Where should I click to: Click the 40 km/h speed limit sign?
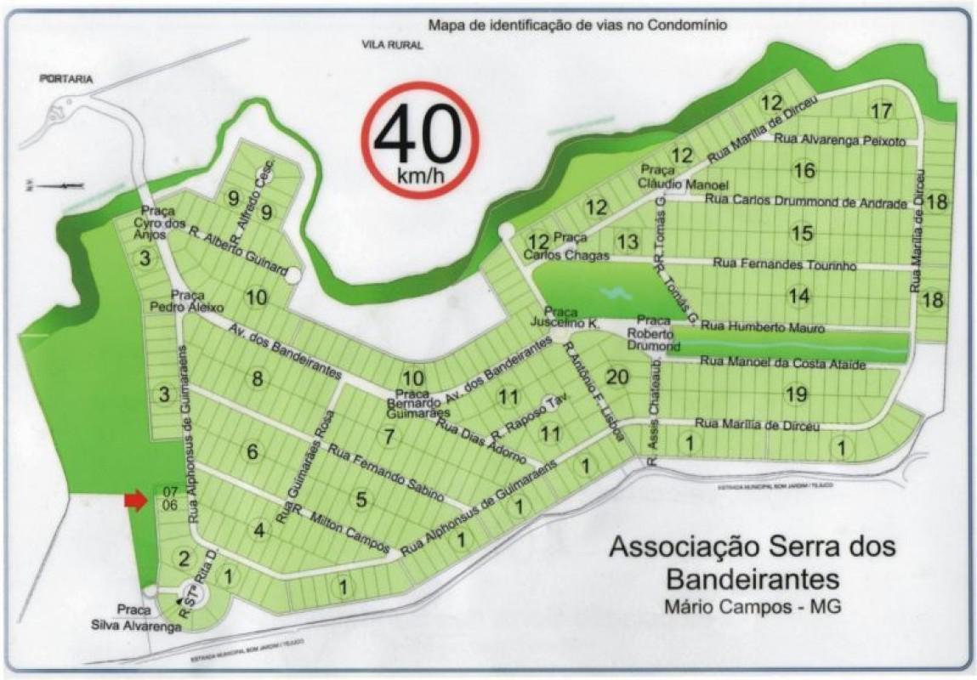(419, 139)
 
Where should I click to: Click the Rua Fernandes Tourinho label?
(784, 264)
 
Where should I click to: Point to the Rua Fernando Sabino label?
(386, 471)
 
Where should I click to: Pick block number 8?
(257, 379)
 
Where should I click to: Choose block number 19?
(796, 394)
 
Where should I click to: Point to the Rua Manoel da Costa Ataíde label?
(782, 363)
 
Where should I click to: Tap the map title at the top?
(577, 25)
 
